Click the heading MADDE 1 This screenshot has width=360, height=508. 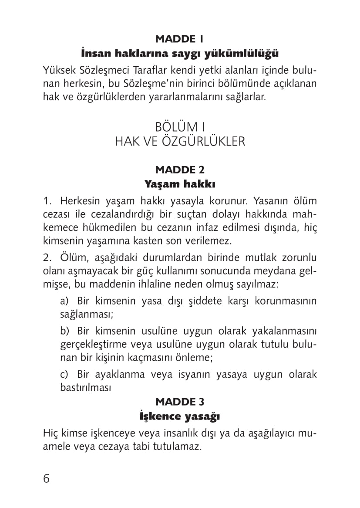(179, 39)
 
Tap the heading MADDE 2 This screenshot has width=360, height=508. (179, 169)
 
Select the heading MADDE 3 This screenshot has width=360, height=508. (179, 401)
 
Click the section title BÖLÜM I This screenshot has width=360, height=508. (179, 127)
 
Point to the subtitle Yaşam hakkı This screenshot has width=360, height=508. (179, 184)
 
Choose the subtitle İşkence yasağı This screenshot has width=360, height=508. (179, 416)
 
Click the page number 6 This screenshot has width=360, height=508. (47, 478)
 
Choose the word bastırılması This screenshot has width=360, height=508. (85, 387)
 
